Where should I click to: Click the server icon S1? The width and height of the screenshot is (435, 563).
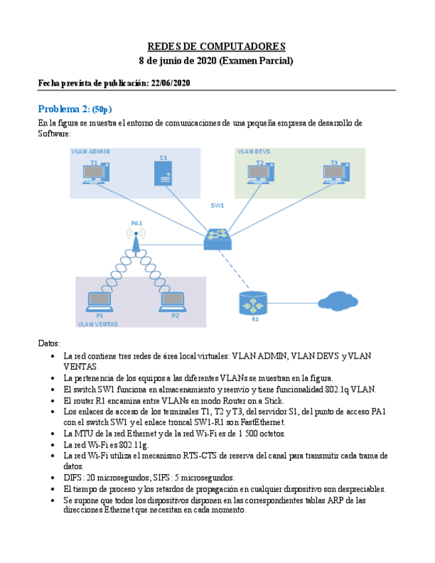pyautogui.click(x=163, y=175)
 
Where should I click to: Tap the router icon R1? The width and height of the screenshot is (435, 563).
pyautogui.click(x=252, y=303)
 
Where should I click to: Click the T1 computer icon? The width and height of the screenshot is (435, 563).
pyautogui.click(x=96, y=173)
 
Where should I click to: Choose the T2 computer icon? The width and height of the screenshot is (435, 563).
pyautogui.click(x=261, y=173)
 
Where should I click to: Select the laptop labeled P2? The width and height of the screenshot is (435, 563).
pyautogui.click(x=173, y=303)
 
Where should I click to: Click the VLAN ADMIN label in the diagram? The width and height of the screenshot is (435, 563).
pyautogui.click(x=91, y=151)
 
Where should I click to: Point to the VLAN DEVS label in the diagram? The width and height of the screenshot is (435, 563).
pyautogui.click(x=254, y=151)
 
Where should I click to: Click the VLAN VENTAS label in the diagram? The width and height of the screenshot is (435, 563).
pyautogui.click(x=98, y=324)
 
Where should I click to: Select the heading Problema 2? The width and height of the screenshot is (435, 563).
pyautogui.click(x=64, y=109)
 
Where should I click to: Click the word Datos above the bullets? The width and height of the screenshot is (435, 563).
pyautogui.click(x=49, y=343)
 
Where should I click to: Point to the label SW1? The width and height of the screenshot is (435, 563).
pyautogui.click(x=217, y=205)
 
